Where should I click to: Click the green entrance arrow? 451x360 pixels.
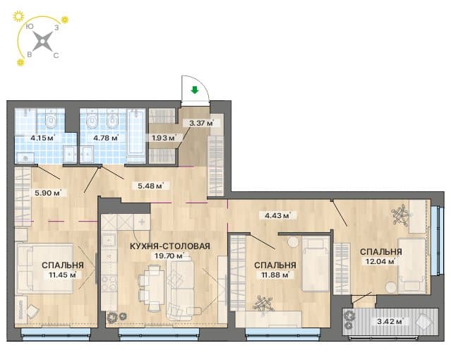(195, 90)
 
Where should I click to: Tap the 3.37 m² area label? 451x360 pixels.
(201, 124)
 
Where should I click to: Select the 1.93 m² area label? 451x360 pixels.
(164, 138)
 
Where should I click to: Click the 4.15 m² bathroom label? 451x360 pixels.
(42, 138)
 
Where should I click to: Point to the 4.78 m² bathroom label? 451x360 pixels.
(106, 138)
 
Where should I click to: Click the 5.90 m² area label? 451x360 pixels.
(47, 193)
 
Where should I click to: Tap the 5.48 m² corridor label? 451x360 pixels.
(150, 186)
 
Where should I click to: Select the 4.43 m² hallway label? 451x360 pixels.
(277, 215)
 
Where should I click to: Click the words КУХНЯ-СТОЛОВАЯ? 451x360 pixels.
(170, 246)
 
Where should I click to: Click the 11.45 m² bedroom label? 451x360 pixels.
(63, 275)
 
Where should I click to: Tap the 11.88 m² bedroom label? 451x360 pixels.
(275, 275)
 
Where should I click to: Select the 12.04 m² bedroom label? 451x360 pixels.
(380, 261)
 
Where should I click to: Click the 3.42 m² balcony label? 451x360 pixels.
(390, 321)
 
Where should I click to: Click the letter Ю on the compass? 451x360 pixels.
(30, 27)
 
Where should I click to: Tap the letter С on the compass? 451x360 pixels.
(56, 55)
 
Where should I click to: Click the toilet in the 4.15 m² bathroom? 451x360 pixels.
(51, 121)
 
